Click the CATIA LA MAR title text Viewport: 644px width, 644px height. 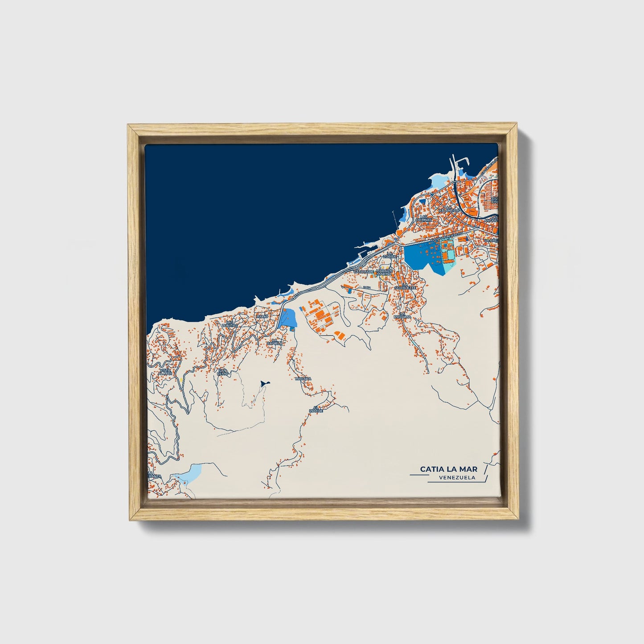(x=448, y=469)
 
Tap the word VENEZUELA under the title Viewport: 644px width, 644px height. (x=457, y=478)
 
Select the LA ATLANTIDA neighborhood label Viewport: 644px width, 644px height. (x=449, y=208)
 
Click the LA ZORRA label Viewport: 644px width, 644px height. (x=392, y=254)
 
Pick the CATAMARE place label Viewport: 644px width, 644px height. (x=363, y=271)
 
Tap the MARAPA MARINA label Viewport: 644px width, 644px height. (x=384, y=272)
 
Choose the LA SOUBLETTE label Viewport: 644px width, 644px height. (x=406, y=286)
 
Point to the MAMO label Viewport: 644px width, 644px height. (x=262, y=316)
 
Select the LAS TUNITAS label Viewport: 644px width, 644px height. (x=230, y=324)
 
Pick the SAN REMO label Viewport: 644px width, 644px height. (x=222, y=371)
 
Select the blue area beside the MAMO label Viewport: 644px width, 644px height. (x=288, y=318)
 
